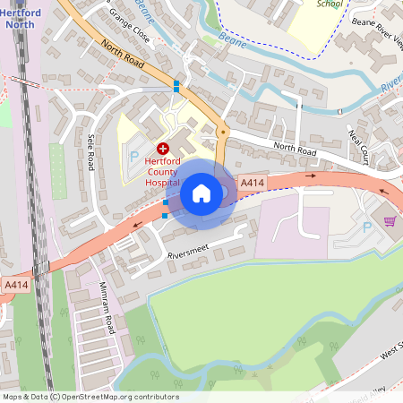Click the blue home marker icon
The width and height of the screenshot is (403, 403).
tap(201, 193)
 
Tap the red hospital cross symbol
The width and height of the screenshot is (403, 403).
tap(163, 149)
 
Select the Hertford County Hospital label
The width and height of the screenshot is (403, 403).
tap(163, 170)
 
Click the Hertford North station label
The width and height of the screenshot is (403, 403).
tap(20, 17)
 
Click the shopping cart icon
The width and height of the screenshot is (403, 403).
tap(390, 220)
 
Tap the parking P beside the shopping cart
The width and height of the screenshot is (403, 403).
tap(367, 227)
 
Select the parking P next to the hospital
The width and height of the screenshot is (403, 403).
tap(134, 156)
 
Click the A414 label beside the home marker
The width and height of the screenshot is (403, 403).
tap(253, 184)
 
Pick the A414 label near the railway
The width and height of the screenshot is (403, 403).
tap(15, 285)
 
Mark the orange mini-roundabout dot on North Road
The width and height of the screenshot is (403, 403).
tap(222, 133)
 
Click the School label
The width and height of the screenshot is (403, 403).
tap(330, 4)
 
